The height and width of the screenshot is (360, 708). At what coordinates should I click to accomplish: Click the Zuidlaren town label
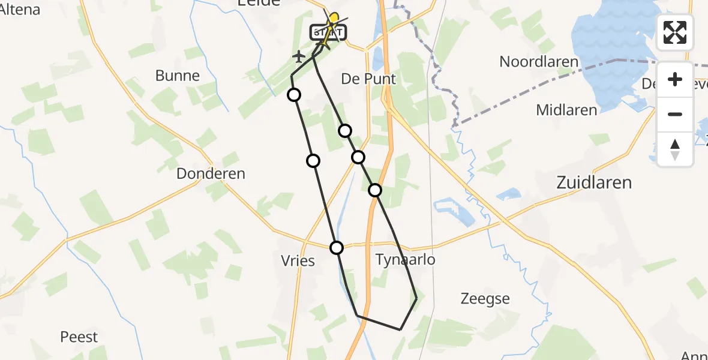[594, 182]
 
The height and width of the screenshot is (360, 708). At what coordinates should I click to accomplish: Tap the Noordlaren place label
[539, 62]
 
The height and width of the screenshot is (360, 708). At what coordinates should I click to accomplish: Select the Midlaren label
[566, 110]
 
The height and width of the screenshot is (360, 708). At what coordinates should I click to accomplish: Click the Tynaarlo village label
[405, 259]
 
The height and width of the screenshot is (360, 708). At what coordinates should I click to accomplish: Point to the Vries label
[298, 261]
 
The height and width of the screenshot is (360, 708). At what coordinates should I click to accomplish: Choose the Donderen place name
[211, 174]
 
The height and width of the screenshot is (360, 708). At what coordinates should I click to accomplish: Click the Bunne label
[177, 76]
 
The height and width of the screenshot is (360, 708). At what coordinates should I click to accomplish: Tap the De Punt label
[368, 79]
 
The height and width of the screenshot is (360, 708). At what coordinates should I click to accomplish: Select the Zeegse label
[485, 298]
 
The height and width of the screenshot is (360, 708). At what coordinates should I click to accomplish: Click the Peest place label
[79, 337]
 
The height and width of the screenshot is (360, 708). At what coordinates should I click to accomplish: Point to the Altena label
[20, 10]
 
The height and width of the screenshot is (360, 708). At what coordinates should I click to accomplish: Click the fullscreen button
[675, 32]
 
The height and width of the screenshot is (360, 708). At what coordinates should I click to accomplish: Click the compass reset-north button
[675, 149]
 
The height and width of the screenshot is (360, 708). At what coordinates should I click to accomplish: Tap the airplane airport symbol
[299, 57]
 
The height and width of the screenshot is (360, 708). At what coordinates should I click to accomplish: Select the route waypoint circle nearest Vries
[337, 247]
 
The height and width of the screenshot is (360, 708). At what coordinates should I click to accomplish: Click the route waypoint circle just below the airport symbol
[294, 95]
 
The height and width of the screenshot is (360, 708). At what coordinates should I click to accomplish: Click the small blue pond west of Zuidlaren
[510, 193]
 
